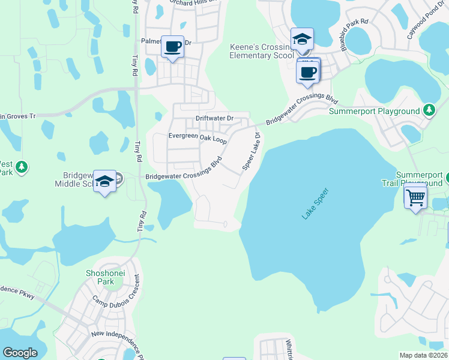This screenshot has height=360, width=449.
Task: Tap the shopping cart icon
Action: (x=416, y=197)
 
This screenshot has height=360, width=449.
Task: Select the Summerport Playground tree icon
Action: (x=429, y=110)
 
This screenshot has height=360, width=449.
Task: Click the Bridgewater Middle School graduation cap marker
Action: (x=105, y=182)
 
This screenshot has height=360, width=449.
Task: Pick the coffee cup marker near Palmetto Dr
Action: (x=173, y=47)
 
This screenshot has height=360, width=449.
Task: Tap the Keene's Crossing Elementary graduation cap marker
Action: (x=302, y=40)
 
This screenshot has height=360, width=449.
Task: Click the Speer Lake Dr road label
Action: (x=253, y=151)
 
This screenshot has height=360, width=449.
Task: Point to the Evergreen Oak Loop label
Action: (x=197, y=137)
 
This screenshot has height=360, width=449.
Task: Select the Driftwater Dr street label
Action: (x=214, y=118)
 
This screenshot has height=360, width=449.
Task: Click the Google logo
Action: (x=20, y=353)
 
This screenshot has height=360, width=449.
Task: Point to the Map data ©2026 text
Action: (x=423, y=355)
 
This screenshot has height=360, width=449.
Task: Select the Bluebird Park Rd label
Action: (x=354, y=36)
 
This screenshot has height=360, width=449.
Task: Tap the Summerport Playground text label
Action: (x=373, y=111)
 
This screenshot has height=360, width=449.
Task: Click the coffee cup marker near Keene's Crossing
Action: (x=308, y=73)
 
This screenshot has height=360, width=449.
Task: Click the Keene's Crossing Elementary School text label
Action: (x=264, y=51)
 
